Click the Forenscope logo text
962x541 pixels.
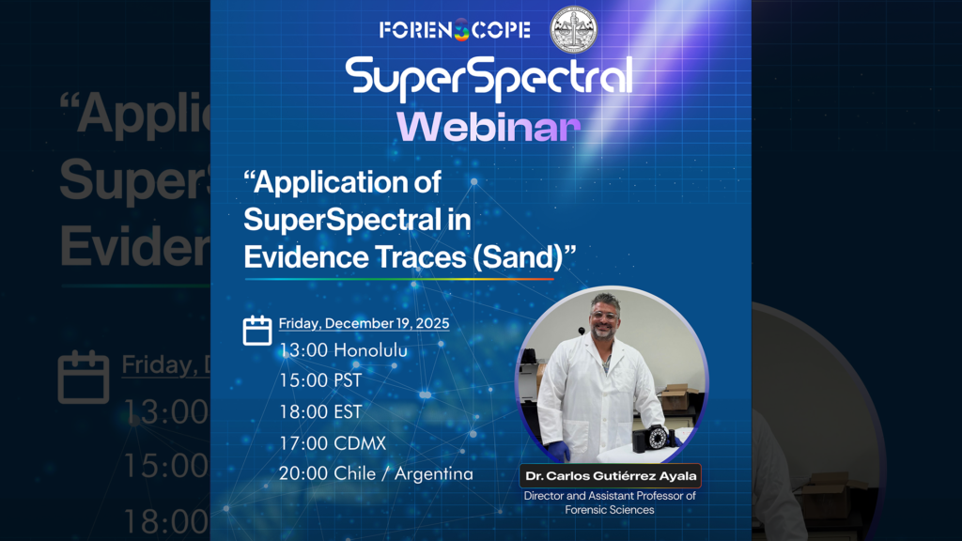point(455,30)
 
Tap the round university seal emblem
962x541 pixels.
point(573,29)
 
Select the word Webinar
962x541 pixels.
point(488,127)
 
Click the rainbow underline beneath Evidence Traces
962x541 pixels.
point(399,278)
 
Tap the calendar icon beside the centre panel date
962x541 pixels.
point(257,331)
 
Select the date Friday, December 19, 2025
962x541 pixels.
point(365,324)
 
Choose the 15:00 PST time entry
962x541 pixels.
point(320,380)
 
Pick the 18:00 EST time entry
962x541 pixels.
point(320,411)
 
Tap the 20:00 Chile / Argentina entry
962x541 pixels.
point(376,473)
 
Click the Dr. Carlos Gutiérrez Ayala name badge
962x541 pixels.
point(611,476)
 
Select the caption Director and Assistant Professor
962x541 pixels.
point(611,496)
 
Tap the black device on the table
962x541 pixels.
point(656,440)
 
